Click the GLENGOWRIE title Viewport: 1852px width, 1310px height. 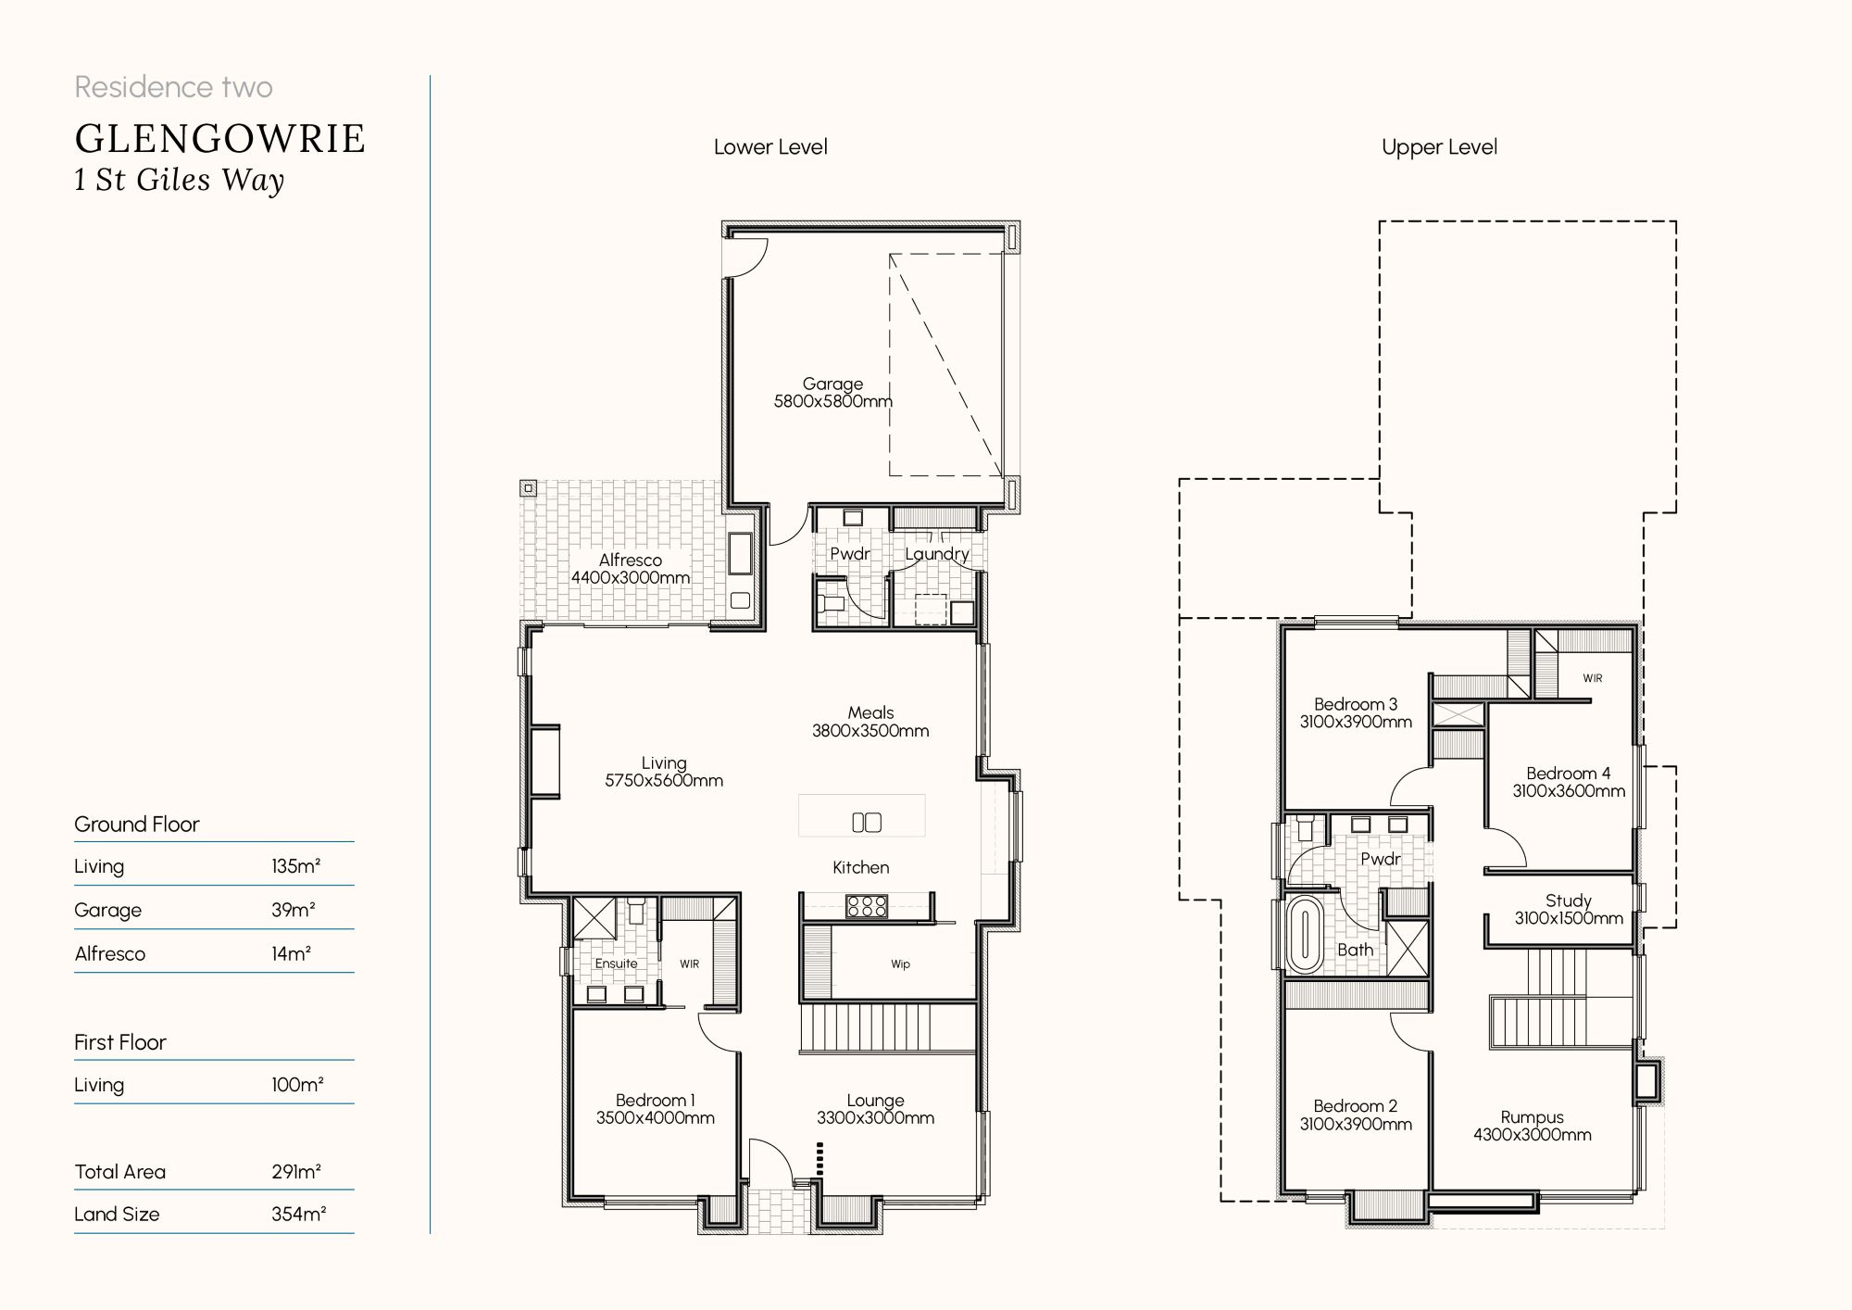point(220,139)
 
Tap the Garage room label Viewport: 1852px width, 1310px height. point(832,384)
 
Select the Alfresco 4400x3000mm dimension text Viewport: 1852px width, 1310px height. point(631,577)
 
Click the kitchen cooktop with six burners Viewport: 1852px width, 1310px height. point(867,905)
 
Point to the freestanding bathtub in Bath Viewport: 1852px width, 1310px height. point(1305,933)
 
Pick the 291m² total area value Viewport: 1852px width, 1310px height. point(296,1172)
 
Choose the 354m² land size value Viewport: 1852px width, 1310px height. point(298,1215)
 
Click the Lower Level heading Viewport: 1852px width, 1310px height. point(770,147)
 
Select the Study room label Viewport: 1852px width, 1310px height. point(1569,901)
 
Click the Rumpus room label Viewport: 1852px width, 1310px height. point(1533,1117)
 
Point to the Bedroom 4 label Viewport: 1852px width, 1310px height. point(1569,774)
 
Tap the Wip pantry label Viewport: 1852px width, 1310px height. point(900,964)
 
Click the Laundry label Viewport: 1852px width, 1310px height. point(937,554)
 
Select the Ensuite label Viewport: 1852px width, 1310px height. point(616,964)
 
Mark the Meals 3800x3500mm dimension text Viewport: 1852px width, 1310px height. point(870,731)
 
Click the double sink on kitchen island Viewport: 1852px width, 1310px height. point(867,822)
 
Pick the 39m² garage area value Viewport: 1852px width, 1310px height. point(294,910)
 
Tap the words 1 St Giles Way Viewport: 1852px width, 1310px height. point(179,180)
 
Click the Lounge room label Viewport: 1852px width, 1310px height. point(875,1101)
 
